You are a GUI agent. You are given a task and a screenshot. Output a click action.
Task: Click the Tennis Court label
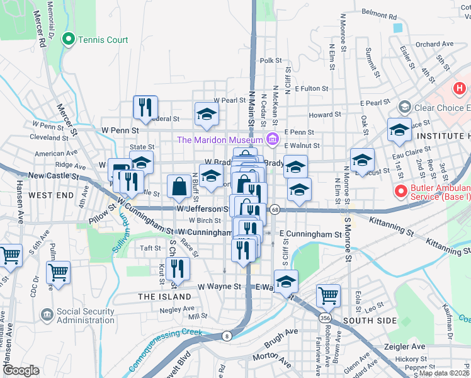tap(103, 40)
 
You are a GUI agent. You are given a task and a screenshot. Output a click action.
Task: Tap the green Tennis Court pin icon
tap(69, 39)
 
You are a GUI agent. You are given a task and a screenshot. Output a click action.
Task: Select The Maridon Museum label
tap(219, 139)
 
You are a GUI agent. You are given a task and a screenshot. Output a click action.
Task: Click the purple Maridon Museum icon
tap(272, 139)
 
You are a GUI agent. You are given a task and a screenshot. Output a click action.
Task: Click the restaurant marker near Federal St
tap(145, 107)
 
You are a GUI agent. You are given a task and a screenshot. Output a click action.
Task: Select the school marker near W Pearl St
tap(207, 113)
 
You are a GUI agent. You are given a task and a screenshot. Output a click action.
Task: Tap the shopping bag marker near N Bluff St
tap(179, 186)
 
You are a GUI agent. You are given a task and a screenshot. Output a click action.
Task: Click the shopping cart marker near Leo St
tap(328, 294)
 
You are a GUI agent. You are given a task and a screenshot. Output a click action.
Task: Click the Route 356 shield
tap(324, 319)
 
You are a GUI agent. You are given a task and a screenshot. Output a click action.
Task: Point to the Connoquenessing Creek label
tap(165, 350)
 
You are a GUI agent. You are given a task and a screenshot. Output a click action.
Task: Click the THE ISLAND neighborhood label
tap(165, 296)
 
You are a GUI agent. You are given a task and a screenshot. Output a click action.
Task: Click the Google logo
tap(21, 370)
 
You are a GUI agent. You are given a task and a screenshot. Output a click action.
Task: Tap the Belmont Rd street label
tap(380, 14)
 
